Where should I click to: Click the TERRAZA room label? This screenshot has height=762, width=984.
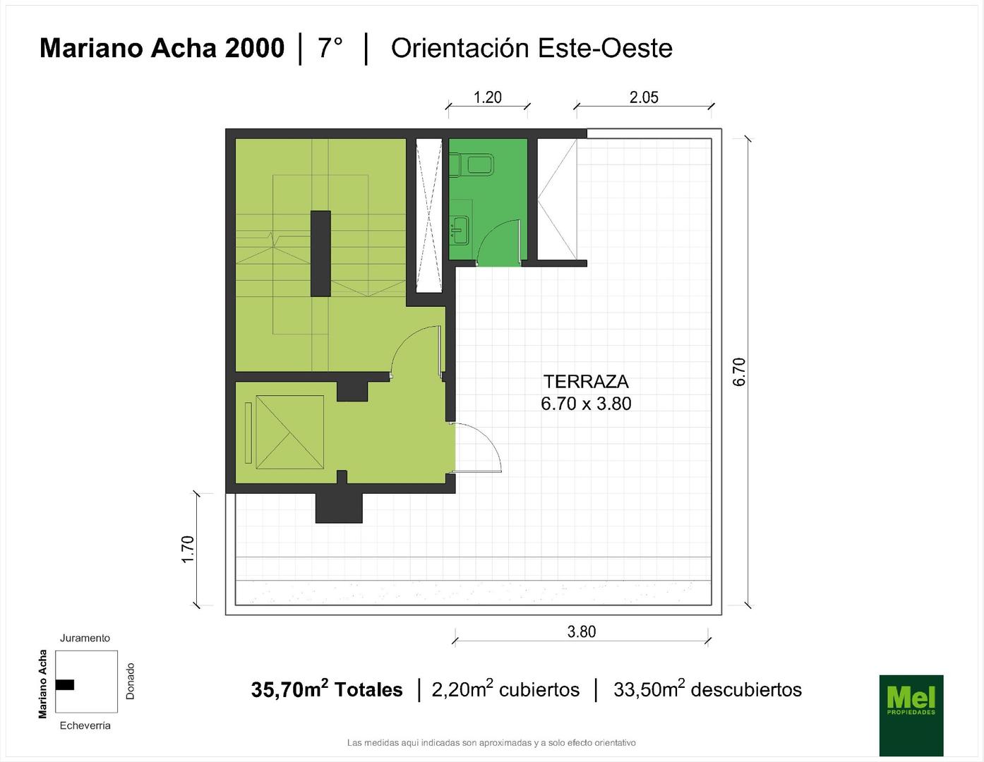585,382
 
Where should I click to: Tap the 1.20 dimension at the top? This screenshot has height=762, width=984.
487,97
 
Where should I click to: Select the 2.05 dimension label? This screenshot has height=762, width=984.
644,97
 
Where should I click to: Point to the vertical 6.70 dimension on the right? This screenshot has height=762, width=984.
738,372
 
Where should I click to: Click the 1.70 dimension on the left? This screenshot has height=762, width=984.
188,549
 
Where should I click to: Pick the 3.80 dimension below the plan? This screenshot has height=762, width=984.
582,631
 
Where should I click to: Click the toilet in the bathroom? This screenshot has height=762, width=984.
472,164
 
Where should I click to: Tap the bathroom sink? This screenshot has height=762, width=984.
460,230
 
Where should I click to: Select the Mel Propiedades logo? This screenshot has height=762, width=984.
911,715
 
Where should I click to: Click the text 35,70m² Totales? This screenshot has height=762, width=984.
327,689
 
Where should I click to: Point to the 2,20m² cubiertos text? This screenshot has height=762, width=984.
505,689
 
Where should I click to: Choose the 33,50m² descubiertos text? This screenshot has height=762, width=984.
707,689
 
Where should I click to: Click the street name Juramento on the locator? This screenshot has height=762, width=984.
85,638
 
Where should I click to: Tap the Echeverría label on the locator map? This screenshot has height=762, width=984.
85,725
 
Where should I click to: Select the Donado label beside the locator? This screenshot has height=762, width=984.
131,681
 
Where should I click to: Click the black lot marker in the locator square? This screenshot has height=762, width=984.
65,684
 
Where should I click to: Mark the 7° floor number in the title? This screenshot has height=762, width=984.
330,48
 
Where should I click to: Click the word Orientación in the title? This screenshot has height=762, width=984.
460,49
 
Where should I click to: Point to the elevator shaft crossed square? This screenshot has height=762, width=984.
290,432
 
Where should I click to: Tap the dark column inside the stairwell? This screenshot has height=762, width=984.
320,253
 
